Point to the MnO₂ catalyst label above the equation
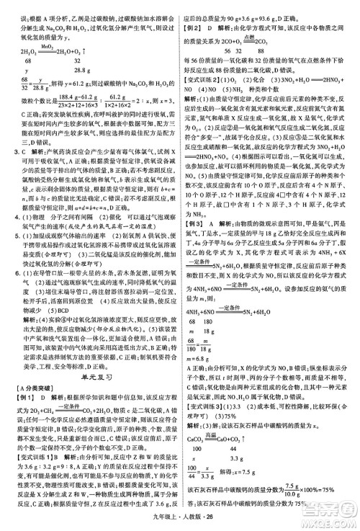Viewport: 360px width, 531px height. (x=45, y=43)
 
